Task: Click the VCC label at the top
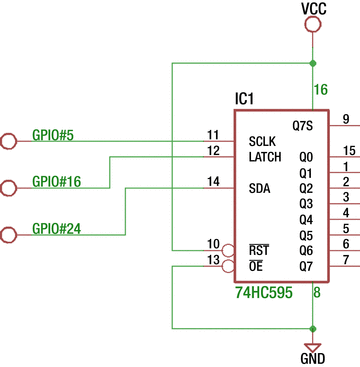314,9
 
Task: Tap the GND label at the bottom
313,358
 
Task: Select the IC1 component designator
245,99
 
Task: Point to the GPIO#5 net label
53,135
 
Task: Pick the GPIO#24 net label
57,228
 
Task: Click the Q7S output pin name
302,126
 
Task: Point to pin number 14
213,181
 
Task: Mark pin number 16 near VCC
321,90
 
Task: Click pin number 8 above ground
317,293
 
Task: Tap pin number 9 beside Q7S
345,120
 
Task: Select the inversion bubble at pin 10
229,249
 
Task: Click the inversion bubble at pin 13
229,265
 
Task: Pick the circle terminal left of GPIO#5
9,141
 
